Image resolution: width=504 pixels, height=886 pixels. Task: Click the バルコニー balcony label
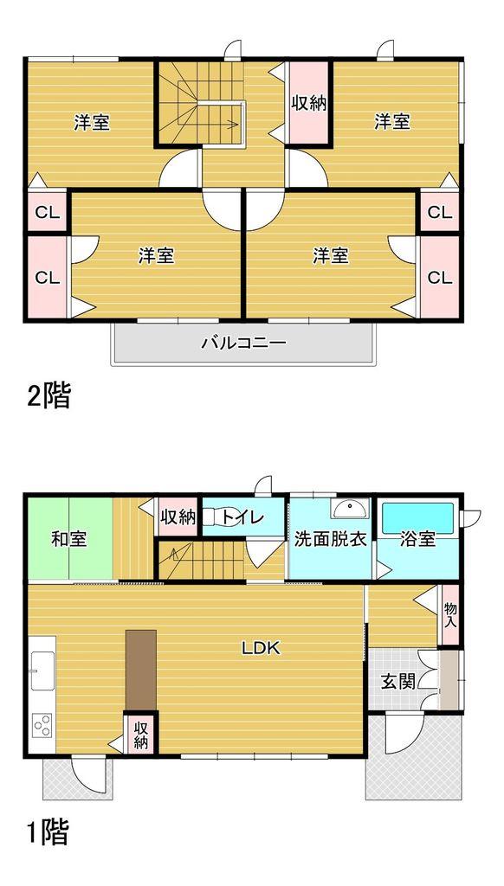click(x=243, y=343)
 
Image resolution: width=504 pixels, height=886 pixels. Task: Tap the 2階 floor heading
click(x=48, y=396)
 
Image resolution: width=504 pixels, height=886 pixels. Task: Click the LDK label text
click(x=260, y=647)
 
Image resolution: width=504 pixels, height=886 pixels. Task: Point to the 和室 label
click(x=68, y=539)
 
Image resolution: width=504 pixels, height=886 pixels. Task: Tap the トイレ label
click(x=244, y=517)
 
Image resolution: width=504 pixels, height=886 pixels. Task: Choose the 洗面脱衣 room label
click(x=331, y=539)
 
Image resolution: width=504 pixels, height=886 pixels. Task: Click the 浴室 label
click(x=417, y=539)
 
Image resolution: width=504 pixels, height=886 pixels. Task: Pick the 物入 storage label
click(x=450, y=615)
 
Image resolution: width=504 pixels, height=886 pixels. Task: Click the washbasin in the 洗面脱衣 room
click(x=350, y=507)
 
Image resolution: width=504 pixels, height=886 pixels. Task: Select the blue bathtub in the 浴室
click(x=417, y=517)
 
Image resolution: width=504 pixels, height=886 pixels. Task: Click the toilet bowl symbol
click(x=213, y=517)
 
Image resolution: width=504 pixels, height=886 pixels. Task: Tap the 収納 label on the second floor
click(x=307, y=103)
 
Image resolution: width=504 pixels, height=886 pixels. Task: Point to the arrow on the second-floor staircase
click(x=235, y=123)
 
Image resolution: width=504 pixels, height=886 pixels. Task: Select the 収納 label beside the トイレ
click(x=178, y=517)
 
